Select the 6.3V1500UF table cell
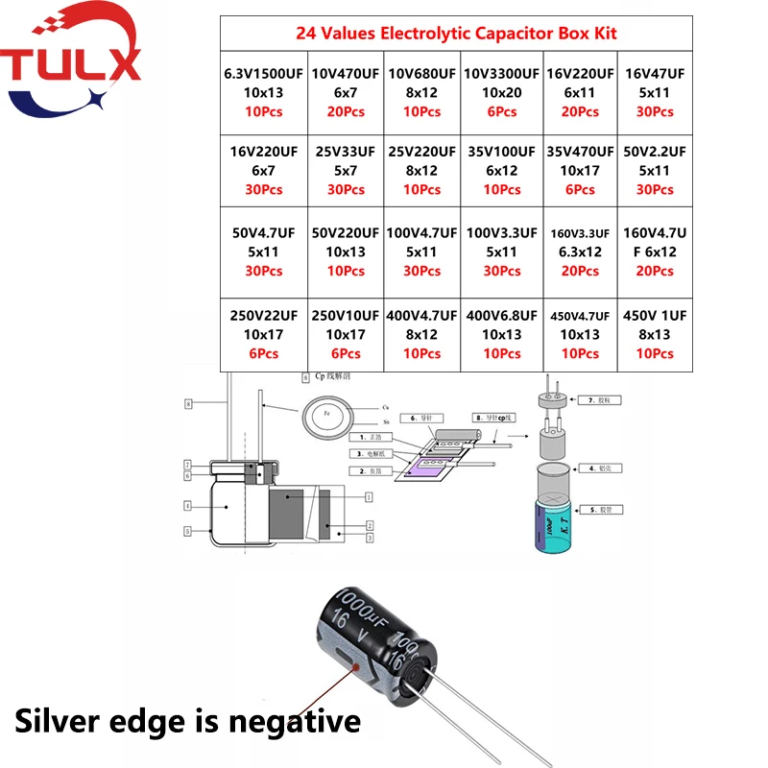pyautogui.click(x=264, y=92)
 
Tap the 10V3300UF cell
pyautogui.click(x=500, y=92)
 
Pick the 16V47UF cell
pyautogui.click(x=656, y=92)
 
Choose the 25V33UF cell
pyautogui.click(x=346, y=170)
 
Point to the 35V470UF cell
pyautogui.click(x=580, y=170)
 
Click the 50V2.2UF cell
pyautogui.click(x=656, y=170)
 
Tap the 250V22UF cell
pyautogui.click(x=264, y=333)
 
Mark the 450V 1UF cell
pyautogui.click(x=656, y=333)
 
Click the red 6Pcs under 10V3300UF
pyautogui.click(x=500, y=112)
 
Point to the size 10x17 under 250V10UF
pyautogui.click(x=346, y=335)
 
